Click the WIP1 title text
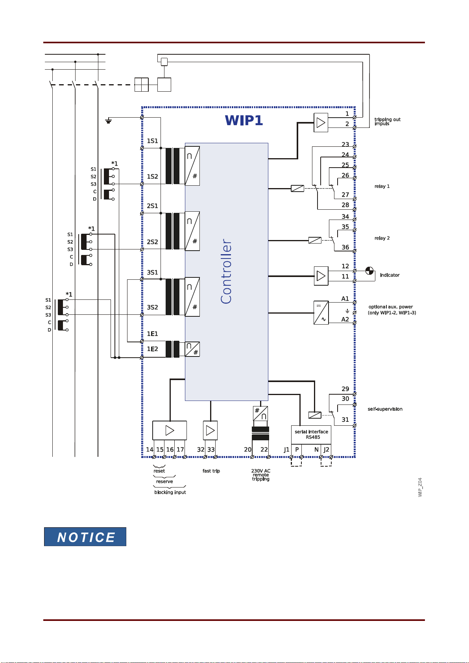244,120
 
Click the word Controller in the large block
226,271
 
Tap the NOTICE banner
85,537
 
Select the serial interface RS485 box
311,434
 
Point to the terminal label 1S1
152,141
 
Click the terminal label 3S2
152,307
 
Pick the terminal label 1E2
152,349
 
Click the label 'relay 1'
382,186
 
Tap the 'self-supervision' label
385,409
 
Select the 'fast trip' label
211,471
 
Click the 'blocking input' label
170,492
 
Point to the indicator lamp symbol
369,271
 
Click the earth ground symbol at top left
108,121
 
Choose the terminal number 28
345,205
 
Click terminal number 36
345,247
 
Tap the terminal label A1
345,299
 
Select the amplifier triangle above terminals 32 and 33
210,430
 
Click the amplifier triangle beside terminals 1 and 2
321,122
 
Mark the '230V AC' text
261,471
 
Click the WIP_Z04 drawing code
420,487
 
